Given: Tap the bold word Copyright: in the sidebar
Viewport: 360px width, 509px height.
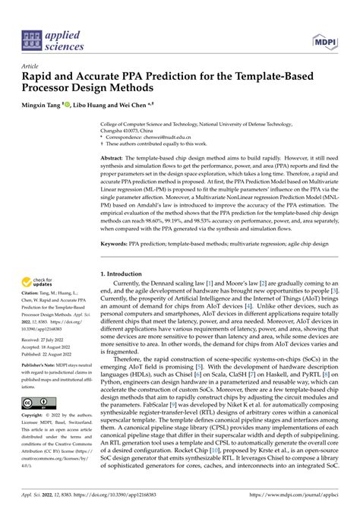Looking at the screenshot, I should (35, 416).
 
